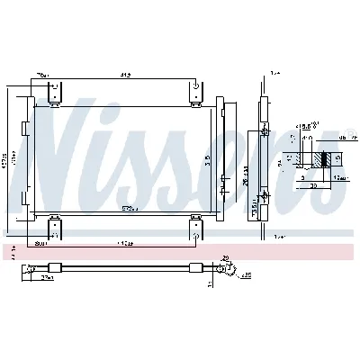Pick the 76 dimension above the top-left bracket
(x=41, y=76)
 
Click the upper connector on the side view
(x=266, y=132)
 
